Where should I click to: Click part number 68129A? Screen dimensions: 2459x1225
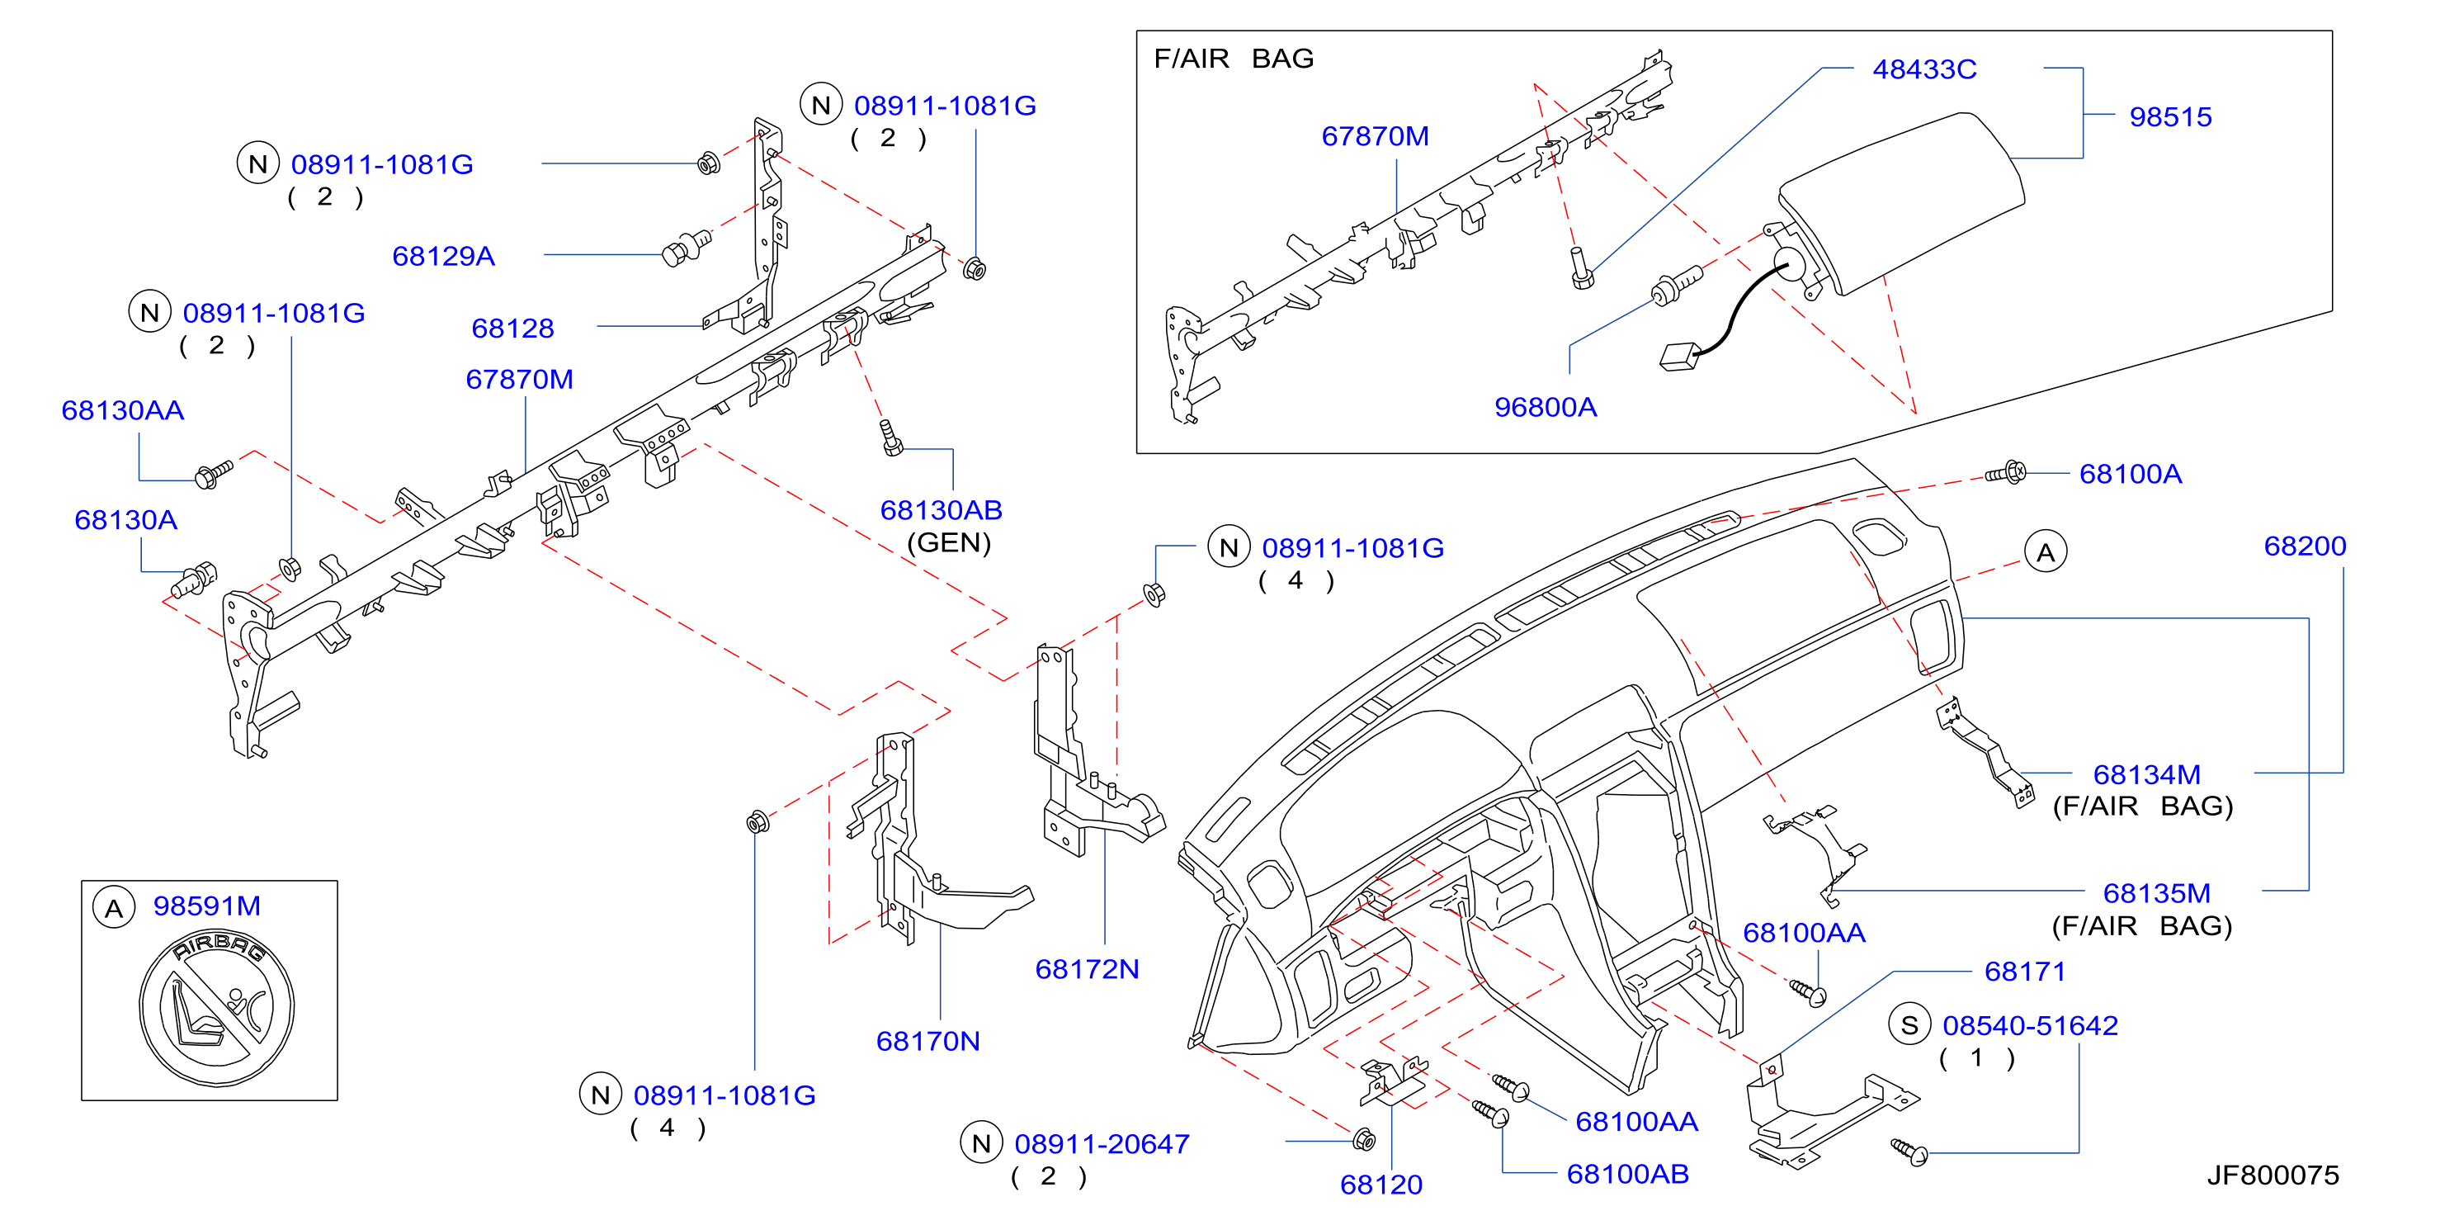pos(443,256)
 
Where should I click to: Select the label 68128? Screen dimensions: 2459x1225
pos(512,329)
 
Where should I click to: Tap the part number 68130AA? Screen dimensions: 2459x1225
pos(122,410)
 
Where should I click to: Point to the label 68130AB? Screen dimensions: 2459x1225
pos(942,510)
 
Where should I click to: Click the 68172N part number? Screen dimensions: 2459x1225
pos(1088,969)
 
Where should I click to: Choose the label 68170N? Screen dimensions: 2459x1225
pos(927,1041)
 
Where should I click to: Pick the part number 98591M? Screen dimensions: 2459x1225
pos(207,906)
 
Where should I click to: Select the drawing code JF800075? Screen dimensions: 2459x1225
pos(2273,1175)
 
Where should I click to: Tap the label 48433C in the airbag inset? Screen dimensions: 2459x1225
pos(1924,69)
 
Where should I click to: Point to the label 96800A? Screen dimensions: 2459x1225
pos(1546,407)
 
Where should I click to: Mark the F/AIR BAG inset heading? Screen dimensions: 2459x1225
pos(1234,59)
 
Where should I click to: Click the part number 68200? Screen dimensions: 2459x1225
pos(2305,546)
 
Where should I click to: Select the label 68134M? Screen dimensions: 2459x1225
pos(2147,774)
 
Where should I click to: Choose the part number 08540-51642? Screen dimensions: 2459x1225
pos(2031,1025)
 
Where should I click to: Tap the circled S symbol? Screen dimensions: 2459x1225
pos(1909,1025)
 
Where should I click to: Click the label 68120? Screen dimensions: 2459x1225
pos(1381,1184)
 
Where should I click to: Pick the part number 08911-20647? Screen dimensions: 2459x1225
pos(1102,1144)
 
